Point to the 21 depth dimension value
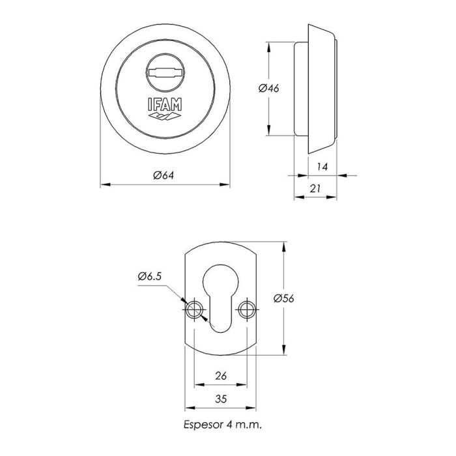coord(315,188)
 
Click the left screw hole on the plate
coord(193,309)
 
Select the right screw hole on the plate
coord(246,309)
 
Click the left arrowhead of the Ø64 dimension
coord(103,185)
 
